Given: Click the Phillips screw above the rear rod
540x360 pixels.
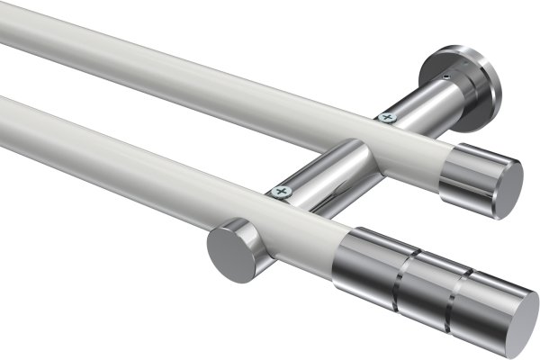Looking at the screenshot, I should (388, 116).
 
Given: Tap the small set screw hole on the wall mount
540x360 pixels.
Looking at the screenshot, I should (445, 78).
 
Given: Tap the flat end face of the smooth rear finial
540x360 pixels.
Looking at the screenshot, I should (508, 190).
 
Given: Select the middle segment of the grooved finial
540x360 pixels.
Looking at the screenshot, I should (423, 283).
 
